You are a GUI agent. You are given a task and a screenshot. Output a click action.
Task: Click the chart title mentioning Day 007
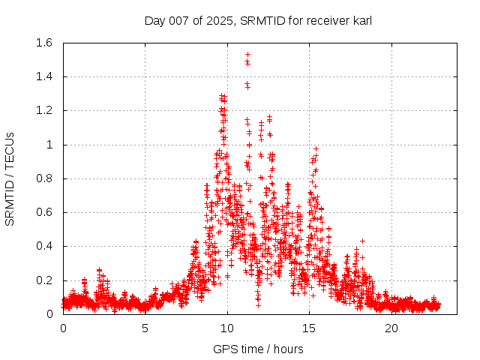[x=258, y=20]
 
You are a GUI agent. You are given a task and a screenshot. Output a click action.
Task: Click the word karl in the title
[x=360, y=20]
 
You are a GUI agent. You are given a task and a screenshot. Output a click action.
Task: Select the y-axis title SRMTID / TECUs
[x=10, y=179]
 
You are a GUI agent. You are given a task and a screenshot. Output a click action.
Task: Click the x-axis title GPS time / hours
[x=258, y=349]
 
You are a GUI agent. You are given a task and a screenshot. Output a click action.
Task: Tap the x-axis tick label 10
[x=227, y=328]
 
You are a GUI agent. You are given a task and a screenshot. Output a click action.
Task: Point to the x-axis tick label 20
[x=391, y=328]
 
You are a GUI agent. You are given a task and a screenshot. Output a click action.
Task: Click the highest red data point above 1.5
[x=247, y=54]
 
